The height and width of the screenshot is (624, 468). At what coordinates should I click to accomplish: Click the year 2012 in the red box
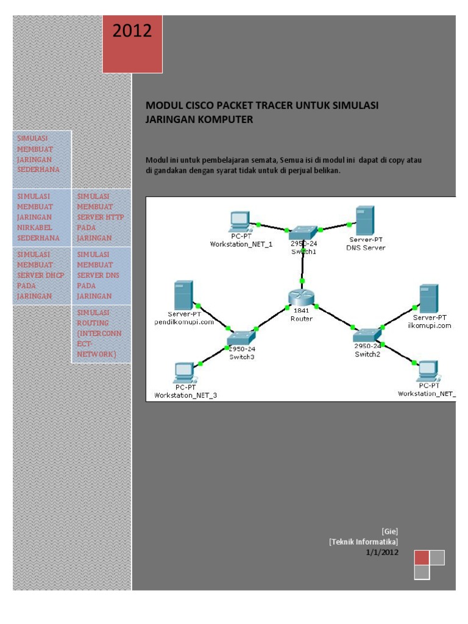tap(132, 30)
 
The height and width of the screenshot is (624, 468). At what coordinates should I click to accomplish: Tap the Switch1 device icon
tap(303, 232)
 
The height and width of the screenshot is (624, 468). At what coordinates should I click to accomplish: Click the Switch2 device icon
tap(366, 335)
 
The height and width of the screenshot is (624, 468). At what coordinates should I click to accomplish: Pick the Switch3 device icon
tap(241, 338)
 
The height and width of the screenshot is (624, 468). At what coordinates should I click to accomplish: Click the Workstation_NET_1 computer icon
tap(240, 221)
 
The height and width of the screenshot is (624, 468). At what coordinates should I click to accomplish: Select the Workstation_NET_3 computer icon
tap(183, 371)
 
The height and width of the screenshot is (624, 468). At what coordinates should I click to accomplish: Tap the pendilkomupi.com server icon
tap(183, 295)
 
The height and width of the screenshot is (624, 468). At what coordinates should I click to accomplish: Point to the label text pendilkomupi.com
tap(183, 322)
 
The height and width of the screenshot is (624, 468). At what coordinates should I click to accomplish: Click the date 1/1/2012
tap(382, 553)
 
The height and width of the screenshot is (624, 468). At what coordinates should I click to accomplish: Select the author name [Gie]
tap(389, 531)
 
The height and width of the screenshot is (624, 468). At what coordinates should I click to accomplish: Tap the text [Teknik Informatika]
tap(363, 542)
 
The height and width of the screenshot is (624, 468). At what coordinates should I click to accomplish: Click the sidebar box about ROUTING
tap(101, 333)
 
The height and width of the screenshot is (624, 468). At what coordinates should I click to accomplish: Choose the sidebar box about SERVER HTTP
tap(101, 217)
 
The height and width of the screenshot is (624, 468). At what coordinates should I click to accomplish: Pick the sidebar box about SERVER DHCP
tap(41, 275)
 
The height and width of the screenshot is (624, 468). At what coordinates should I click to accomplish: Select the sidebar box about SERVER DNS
tap(101, 275)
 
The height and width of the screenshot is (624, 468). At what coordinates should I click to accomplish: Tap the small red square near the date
tap(422, 558)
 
